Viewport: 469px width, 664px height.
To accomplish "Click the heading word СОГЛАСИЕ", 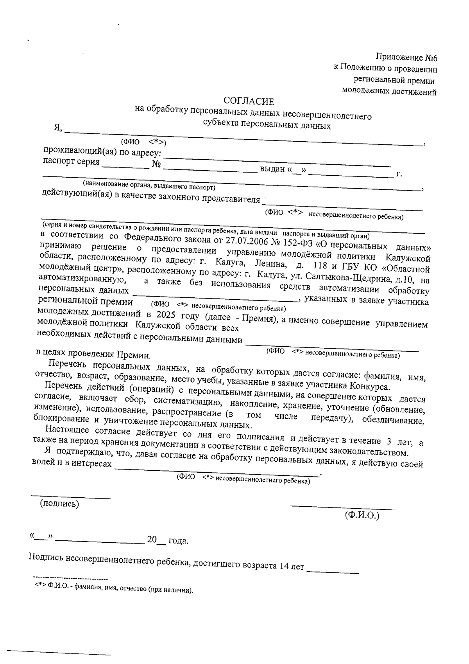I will [249, 102].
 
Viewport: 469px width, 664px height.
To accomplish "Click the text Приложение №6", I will [406, 58].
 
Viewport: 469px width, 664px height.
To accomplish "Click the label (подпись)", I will [59, 504].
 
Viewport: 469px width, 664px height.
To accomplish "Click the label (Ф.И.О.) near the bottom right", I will [362, 515].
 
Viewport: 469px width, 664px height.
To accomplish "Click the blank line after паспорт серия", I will [125, 165].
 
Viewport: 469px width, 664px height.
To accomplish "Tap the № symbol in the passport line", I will [156, 164].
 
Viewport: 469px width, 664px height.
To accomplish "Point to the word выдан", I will [272, 169].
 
